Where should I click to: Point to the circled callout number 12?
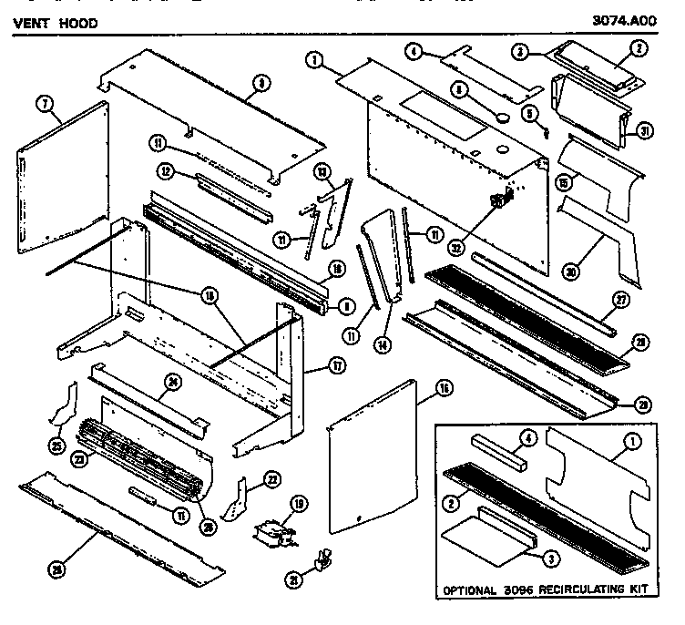[x=166, y=170]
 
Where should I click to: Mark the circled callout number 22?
[x=271, y=479]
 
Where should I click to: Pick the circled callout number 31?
[x=646, y=130]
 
